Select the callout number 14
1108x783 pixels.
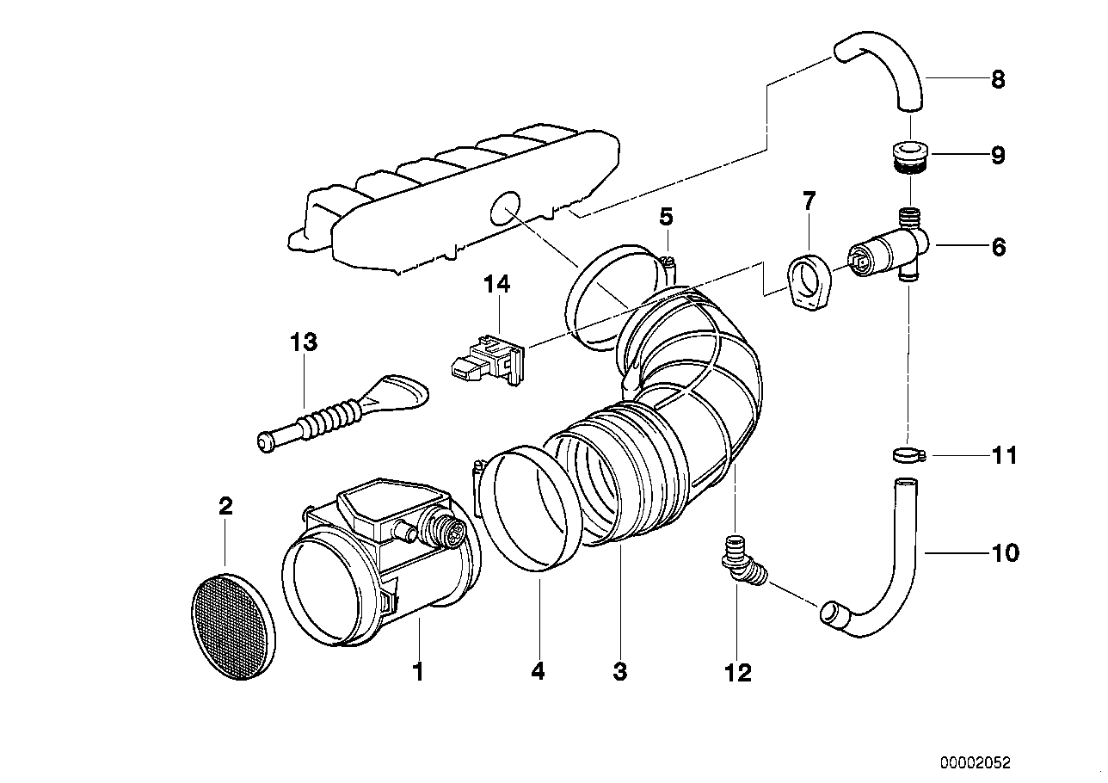(496, 284)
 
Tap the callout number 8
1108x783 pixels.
(997, 80)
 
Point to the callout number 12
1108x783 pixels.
(737, 672)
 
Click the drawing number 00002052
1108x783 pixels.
(975, 762)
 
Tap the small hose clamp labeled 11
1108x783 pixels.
(905, 454)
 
